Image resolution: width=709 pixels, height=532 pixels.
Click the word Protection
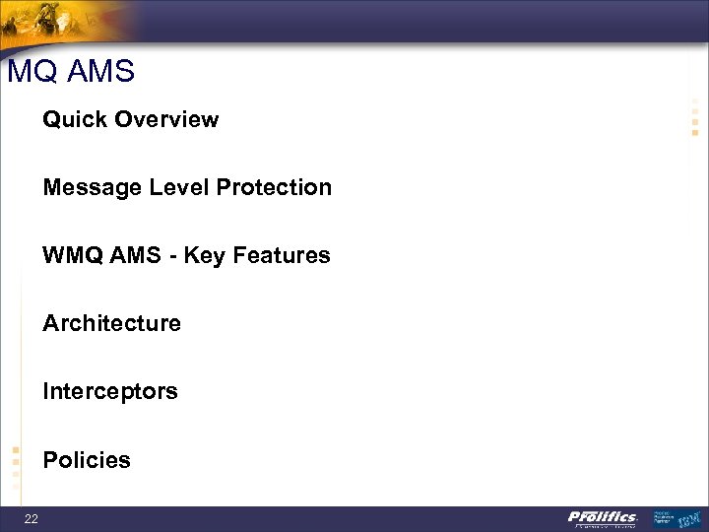point(274,188)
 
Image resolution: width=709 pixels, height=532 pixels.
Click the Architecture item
point(111,324)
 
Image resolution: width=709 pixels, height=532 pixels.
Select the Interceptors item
point(109,392)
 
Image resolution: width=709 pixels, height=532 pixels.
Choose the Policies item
point(86,460)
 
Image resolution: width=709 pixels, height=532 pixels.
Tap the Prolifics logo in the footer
point(603,518)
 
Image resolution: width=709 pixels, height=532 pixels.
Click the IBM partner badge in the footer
point(679,518)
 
